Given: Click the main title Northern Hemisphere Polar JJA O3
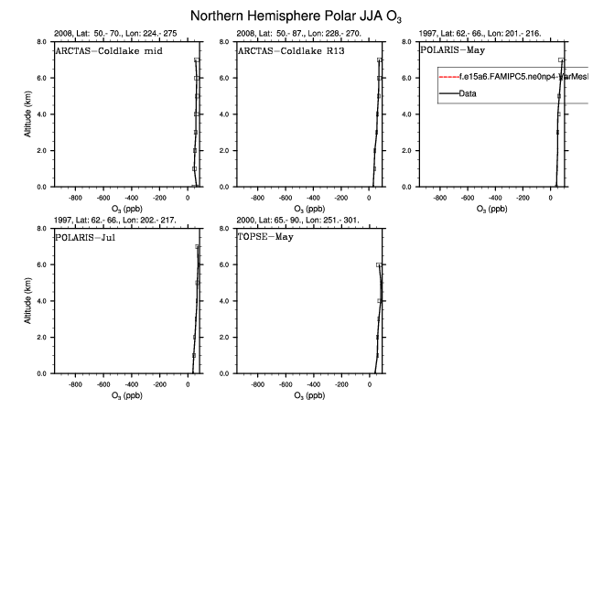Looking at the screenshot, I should tap(296, 16).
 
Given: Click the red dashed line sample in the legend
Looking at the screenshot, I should tap(449, 78).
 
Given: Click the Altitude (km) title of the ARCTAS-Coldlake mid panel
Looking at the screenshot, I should tap(29, 114).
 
